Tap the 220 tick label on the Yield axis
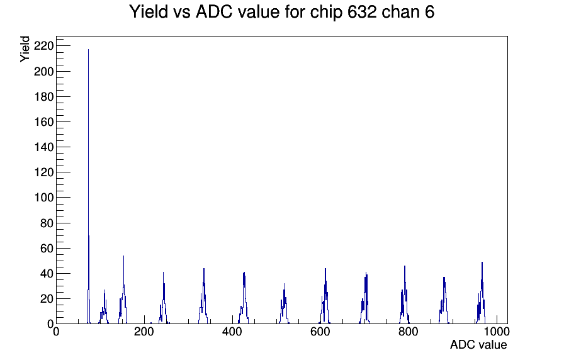click(x=43, y=46)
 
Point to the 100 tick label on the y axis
click(x=43, y=198)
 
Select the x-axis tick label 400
click(x=232, y=332)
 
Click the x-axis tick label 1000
click(x=497, y=332)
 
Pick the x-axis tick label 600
click(x=320, y=332)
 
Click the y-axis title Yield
click(x=25, y=49)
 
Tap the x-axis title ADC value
click(x=478, y=344)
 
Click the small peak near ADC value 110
click(x=104, y=307)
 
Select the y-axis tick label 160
click(x=43, y=121)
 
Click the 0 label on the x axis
click(x=56, y=332)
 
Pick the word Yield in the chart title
click(x=149, y=12)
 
